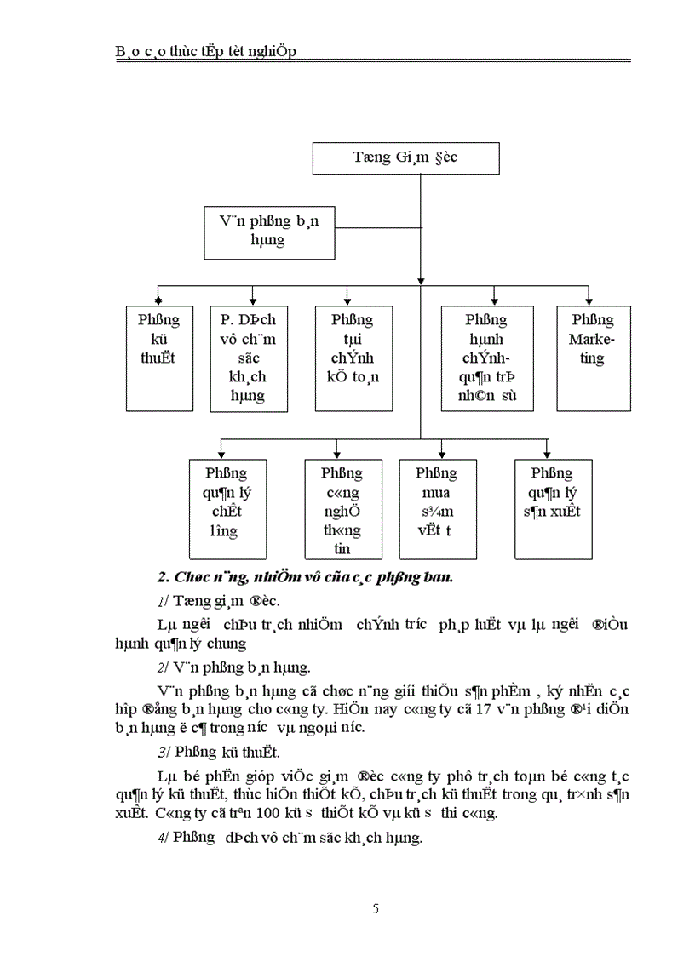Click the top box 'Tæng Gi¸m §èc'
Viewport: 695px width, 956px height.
[405, 158]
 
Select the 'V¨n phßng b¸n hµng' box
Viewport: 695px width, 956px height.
[268, 232]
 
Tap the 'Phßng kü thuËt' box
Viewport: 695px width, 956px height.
[158, 358]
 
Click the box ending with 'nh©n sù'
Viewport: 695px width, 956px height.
[486, 358]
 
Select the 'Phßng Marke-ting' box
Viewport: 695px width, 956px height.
[594, 358]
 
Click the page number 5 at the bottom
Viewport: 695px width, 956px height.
[376, 908]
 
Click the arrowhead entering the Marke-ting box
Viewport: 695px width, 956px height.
[588, 301]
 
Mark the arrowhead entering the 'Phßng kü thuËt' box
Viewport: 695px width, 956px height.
[158, 301]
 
